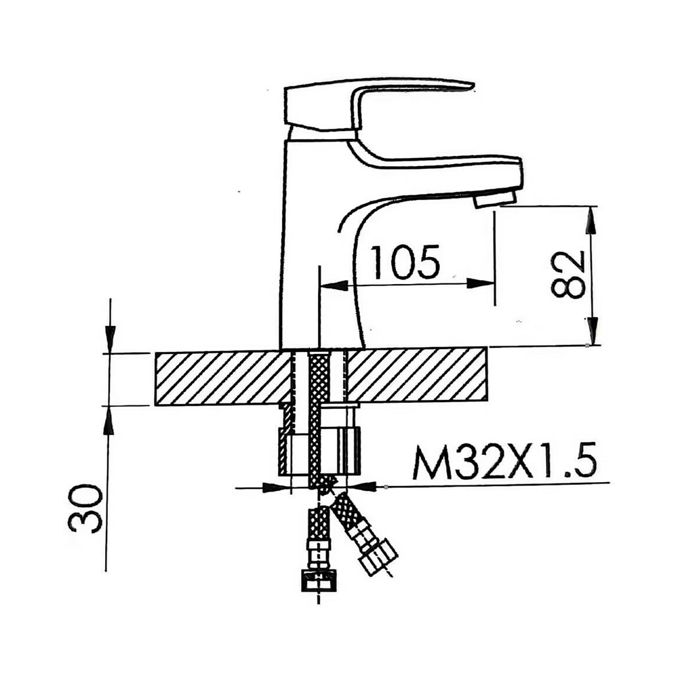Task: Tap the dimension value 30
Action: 87,508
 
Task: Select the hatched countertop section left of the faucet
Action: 220,378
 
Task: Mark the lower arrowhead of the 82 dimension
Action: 592,333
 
